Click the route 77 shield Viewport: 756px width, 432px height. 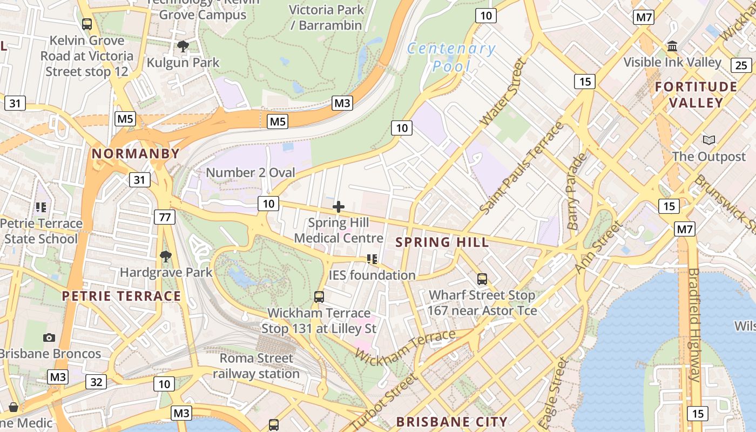point(165,217)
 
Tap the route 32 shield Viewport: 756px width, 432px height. point(96,382)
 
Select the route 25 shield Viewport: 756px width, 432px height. point(741,65)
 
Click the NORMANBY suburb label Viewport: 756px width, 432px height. point(136,153)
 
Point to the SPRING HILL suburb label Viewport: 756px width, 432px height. point(442,242)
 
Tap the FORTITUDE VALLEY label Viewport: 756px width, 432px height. point(696,94)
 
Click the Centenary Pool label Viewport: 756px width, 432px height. point(451,57)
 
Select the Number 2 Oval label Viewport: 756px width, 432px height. point(251,173)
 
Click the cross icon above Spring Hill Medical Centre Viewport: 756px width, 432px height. point(339,206)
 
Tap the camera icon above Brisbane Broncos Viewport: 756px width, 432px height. point(49,337)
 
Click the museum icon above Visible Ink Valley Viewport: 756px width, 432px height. point(672,46)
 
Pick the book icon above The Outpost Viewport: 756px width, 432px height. point(708,140)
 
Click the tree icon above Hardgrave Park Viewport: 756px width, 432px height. point(166,256)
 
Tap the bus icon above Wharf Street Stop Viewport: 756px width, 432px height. point(482,279)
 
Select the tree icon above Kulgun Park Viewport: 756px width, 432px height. point(183,46)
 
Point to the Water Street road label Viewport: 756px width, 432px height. point(503,92)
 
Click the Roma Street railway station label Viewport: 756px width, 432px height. point(256,366)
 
